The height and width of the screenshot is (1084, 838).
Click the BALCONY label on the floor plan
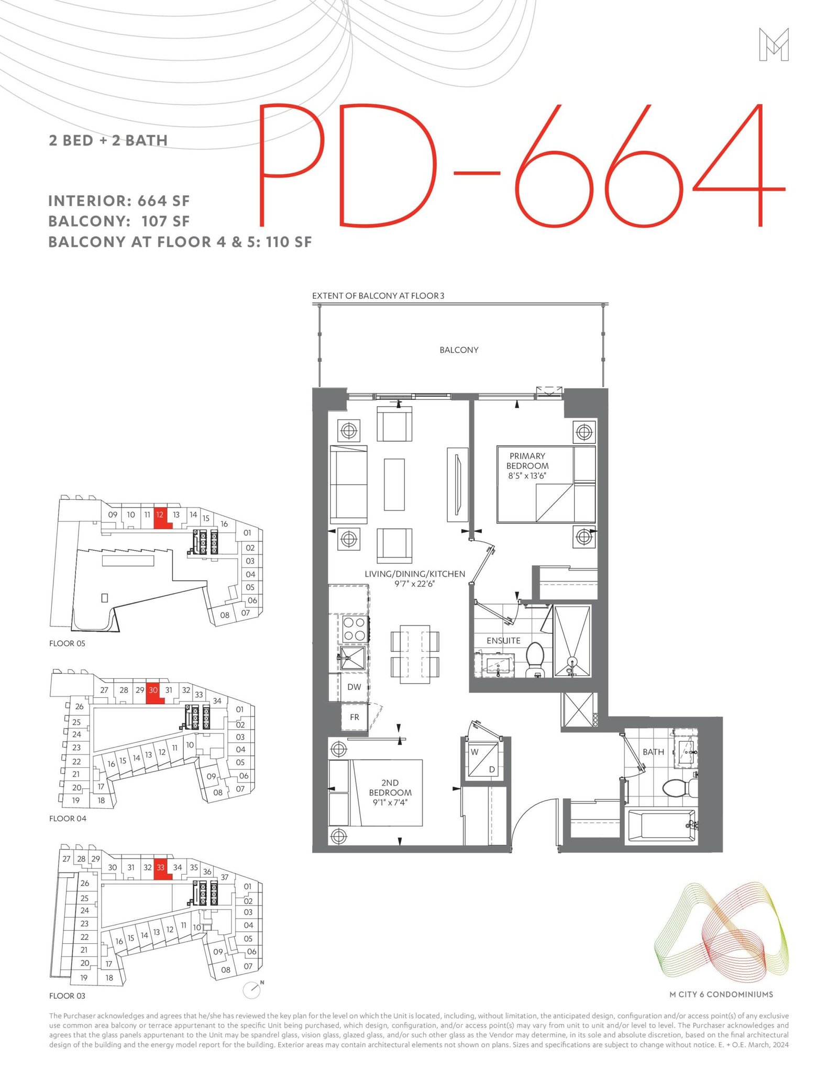[x=459, y=350]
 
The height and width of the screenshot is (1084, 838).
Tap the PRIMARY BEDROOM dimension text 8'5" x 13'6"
[x=527, y=476]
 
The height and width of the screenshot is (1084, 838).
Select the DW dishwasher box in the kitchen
[x=354, y=687]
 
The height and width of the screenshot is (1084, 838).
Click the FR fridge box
[x=355, y=717]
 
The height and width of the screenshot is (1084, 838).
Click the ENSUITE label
[x=503, y=641]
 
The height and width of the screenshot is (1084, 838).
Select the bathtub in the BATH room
[x=661, y=826]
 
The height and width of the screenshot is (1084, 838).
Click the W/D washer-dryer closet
[x=483, y=760]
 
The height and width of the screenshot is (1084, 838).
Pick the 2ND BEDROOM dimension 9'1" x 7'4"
[x=390, y=802]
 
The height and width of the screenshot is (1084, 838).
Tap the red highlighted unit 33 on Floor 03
[x=162, y=870]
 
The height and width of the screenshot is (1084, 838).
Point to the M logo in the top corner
[x=774, y=45]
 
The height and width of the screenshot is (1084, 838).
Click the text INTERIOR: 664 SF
[x=119, y=201]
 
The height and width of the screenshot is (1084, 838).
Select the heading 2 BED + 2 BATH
[x=108, y=140]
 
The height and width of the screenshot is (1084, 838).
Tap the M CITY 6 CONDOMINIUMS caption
[x=721, y=994]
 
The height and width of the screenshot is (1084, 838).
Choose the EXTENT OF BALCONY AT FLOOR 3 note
[x=378, y=296]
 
